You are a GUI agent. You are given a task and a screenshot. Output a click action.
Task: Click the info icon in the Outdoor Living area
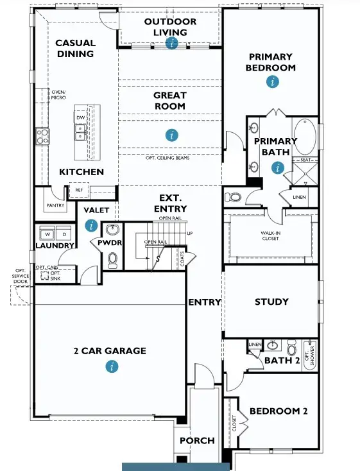click(171, 43)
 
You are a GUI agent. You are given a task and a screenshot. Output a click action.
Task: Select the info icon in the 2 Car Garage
click(112, 366)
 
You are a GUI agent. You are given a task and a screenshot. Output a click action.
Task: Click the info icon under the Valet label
click(91, 225)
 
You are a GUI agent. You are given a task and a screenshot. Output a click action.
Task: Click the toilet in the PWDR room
click(113, 259)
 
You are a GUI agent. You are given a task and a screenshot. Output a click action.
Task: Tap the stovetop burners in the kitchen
click(43, 135)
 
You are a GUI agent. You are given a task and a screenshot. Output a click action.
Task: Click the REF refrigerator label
click(79, 191)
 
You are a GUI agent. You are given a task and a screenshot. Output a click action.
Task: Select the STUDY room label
click(271, 302)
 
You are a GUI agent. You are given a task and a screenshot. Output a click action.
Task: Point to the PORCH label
click(197, 441)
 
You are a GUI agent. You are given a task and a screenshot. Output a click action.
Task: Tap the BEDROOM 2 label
click(279, 411)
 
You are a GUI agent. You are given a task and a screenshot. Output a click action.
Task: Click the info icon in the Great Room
click(171, 135)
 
